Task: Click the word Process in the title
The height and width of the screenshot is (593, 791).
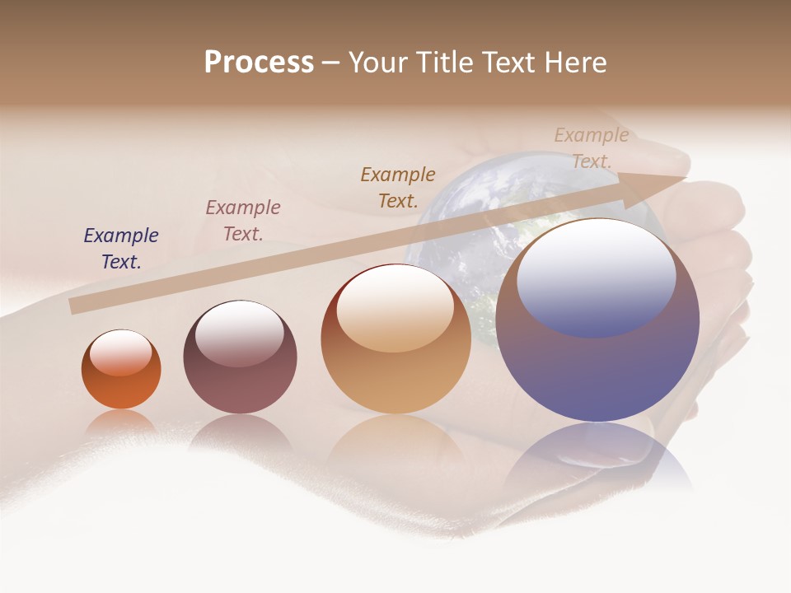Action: tap(259, 63)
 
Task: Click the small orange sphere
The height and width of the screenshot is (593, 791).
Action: tap(121, 383)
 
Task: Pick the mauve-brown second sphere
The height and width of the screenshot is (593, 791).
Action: tap(240, 387)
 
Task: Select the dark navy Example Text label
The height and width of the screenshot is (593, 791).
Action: tap(121, 249)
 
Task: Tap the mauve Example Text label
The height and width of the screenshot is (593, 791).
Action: tap(243, 221)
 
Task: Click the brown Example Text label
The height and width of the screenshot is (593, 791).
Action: tap(398, 188)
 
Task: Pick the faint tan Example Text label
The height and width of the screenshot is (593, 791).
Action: tap(591, 148)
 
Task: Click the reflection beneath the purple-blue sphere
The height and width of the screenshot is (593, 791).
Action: tap(597, 457)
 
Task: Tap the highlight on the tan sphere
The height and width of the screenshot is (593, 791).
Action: tap(395, 308)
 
